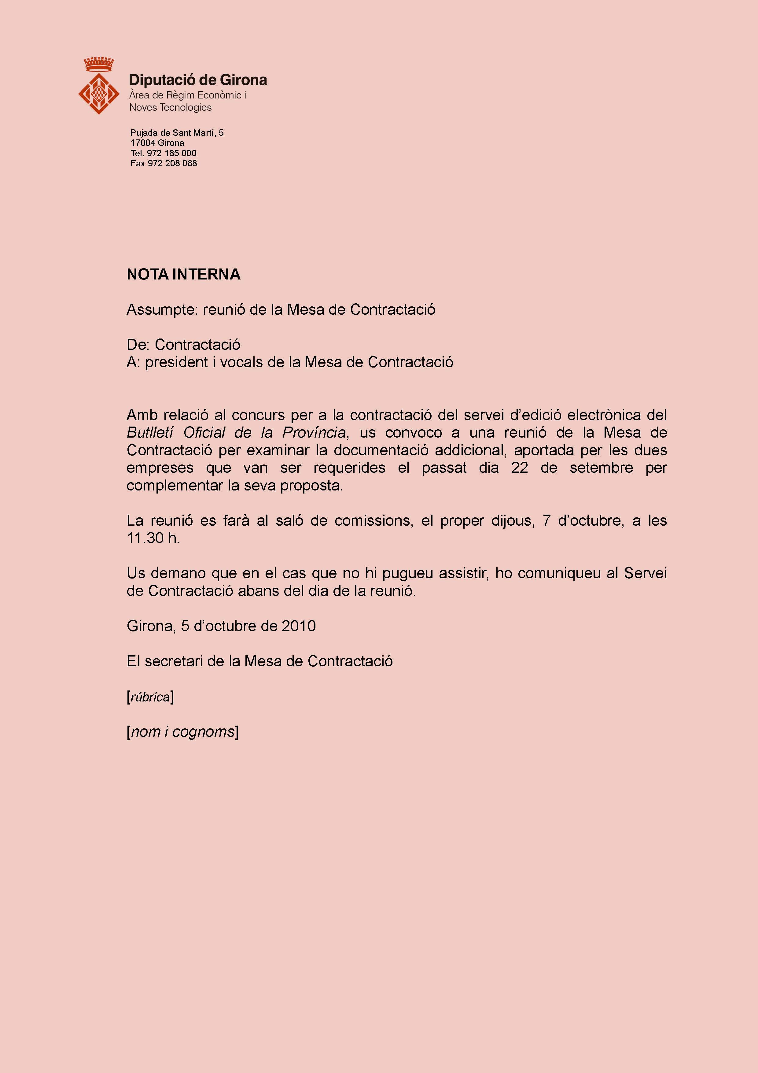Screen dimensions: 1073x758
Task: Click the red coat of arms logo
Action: click(x=98, y=93)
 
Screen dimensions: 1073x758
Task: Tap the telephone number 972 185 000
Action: click(x=171, y=153)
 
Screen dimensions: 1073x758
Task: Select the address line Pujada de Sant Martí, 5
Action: click(x=177, y=133)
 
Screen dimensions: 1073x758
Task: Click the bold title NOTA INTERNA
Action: click(x=184, y=274)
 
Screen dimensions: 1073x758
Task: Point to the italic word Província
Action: click(x=314, y=433)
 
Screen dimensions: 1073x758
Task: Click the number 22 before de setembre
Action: click(x=519, y=468)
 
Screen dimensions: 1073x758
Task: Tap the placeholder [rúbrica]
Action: click(x=150, y=697)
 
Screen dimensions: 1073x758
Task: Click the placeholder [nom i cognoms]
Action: click(x=182, y=732)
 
